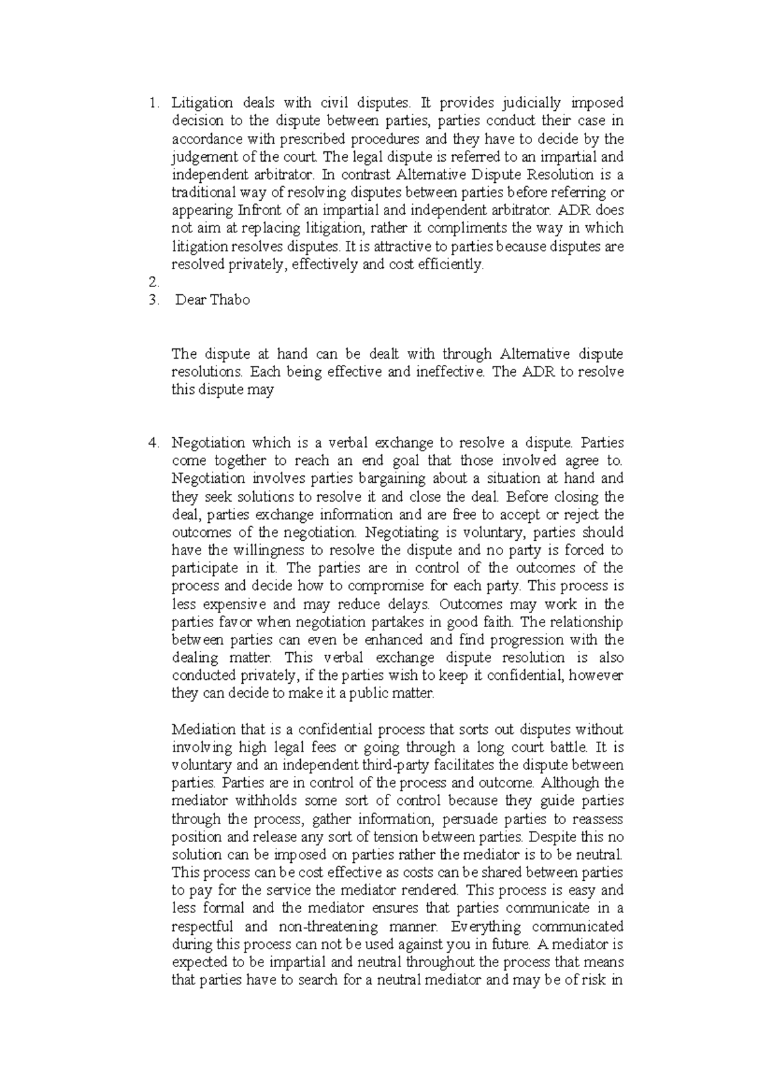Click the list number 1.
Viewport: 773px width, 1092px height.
152,103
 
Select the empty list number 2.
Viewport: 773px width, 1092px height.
153,282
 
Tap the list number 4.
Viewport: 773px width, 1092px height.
153,443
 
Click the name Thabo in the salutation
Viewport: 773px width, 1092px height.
230,300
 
